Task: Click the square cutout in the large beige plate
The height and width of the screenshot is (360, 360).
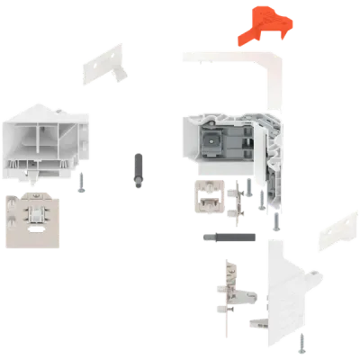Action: pos(40,214)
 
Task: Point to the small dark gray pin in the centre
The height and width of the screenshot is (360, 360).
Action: pos(136,170)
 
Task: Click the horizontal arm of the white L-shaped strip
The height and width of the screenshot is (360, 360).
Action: pos(225,56)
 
